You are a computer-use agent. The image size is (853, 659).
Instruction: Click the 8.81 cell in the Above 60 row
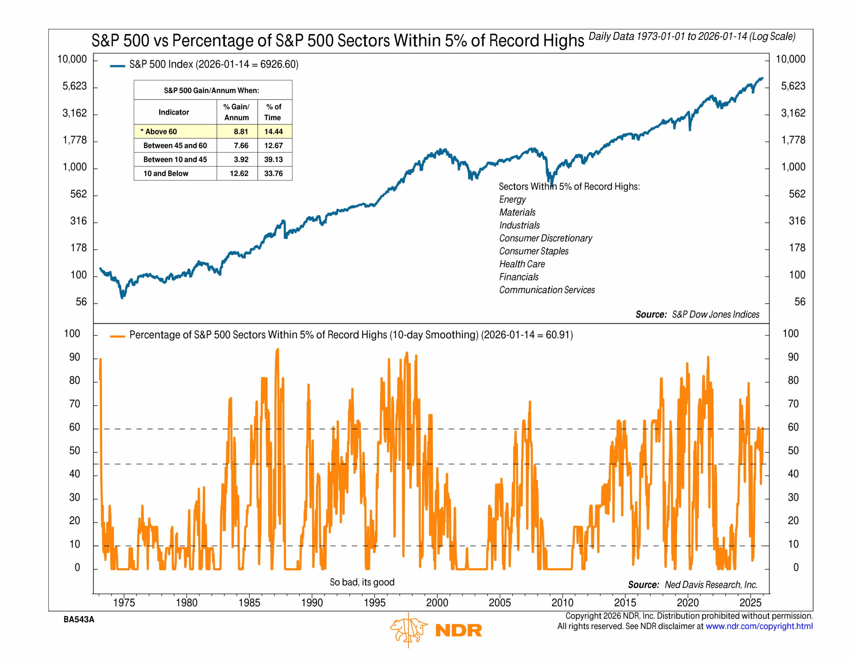click(241, 132)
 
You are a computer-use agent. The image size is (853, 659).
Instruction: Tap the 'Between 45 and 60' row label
click(175, 146)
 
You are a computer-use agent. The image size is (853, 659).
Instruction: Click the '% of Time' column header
click(273, 112)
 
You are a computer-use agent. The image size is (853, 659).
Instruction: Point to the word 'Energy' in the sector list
click(512, 200)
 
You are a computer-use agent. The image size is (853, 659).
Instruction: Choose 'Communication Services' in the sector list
click(547, 290)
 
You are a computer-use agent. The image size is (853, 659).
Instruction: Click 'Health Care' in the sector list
click(522, 264)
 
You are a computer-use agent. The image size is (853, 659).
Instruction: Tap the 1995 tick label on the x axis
click(375, 603)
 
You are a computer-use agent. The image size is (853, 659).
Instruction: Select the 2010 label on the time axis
click(562, 603)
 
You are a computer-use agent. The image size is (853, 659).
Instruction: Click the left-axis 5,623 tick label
click(75, 86)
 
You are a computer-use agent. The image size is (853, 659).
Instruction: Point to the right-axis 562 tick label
click(797, 194)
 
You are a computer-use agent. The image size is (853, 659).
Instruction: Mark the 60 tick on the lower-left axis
click(75, 427)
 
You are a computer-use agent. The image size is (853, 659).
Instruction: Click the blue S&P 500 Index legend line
click(117, 66)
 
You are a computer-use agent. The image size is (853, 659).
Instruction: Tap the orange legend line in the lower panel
click(117, 336)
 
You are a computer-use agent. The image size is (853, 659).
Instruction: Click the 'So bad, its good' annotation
click(362, 582)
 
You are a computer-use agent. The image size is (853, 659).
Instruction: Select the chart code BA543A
click(79, 620)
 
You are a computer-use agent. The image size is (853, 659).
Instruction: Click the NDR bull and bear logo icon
click(409, 630)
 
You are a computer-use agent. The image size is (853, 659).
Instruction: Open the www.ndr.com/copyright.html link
click(759, 626)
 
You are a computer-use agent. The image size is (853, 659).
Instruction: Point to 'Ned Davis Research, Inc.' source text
click(711, 585)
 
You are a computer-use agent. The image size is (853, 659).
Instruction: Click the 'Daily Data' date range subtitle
click(692, 37)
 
